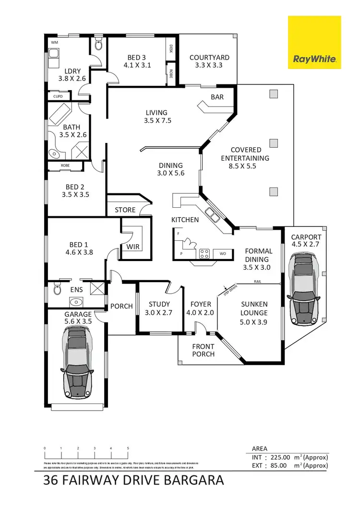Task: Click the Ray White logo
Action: [314, 42]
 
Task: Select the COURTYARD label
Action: [209, 58]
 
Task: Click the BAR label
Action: [217, 97]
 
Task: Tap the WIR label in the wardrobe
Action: [133, 246]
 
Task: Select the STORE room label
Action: [125, 210]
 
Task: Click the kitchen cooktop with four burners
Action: [204, 253]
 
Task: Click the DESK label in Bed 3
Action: [171, 48]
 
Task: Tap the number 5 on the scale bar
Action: [128, 448]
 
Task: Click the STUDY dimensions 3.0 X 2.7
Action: [159, 312]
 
